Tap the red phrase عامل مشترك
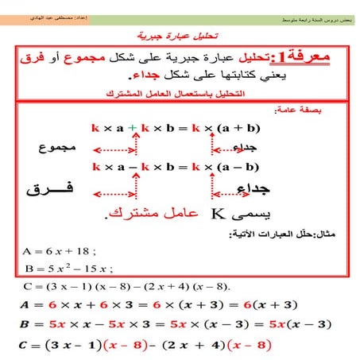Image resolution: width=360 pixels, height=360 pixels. click(x=153, y=215)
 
